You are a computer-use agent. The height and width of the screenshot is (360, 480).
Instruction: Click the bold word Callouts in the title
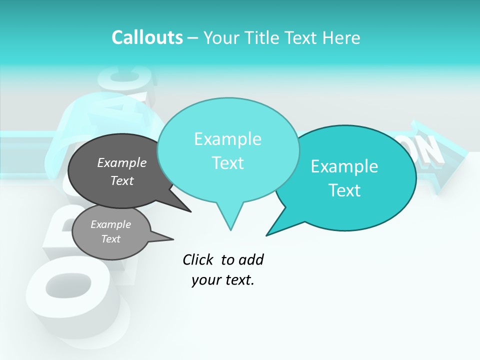[147, 37]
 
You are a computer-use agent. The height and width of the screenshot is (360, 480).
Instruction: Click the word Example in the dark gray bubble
[122, 162]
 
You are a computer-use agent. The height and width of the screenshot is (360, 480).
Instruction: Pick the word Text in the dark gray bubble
[122, 180]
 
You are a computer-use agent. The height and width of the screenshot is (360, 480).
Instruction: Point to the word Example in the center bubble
[227, 139]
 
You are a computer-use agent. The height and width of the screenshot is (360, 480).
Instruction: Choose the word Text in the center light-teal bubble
[227, 163]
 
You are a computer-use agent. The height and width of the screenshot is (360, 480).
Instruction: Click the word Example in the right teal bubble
[344, 166]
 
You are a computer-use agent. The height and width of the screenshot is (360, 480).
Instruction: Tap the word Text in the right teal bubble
[344, 190]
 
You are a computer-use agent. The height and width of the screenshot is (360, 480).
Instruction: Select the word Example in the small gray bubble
[110, 224]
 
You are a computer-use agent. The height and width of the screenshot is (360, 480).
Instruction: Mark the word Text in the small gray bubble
[110, 239]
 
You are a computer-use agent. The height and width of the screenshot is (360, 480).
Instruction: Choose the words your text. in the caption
[223, 280]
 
